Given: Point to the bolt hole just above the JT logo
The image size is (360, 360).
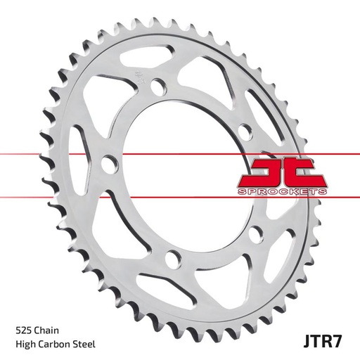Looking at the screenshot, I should coord(243,131).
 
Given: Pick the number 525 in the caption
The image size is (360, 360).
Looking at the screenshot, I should coord(22,328).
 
